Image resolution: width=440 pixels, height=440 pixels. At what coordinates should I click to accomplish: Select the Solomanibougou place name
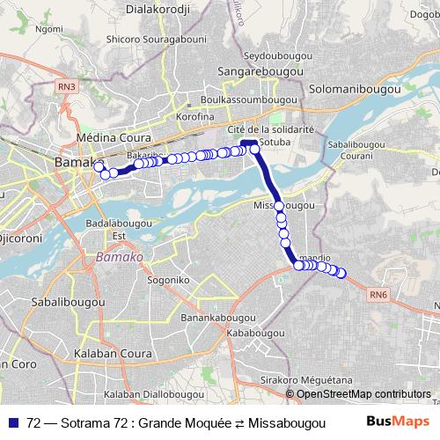point(356,89)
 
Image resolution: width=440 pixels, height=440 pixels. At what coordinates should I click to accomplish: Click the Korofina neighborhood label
point(195,117)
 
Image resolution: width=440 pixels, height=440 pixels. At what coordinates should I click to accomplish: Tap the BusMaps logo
point(403,422)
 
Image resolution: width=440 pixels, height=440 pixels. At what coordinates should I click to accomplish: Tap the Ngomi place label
point(49,29)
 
